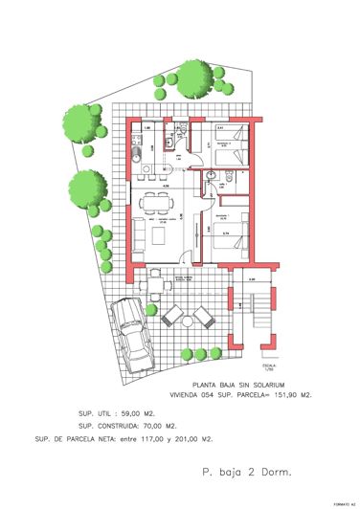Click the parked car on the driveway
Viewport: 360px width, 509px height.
pos(132,335)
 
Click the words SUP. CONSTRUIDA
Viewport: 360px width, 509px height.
pos(101,427)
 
